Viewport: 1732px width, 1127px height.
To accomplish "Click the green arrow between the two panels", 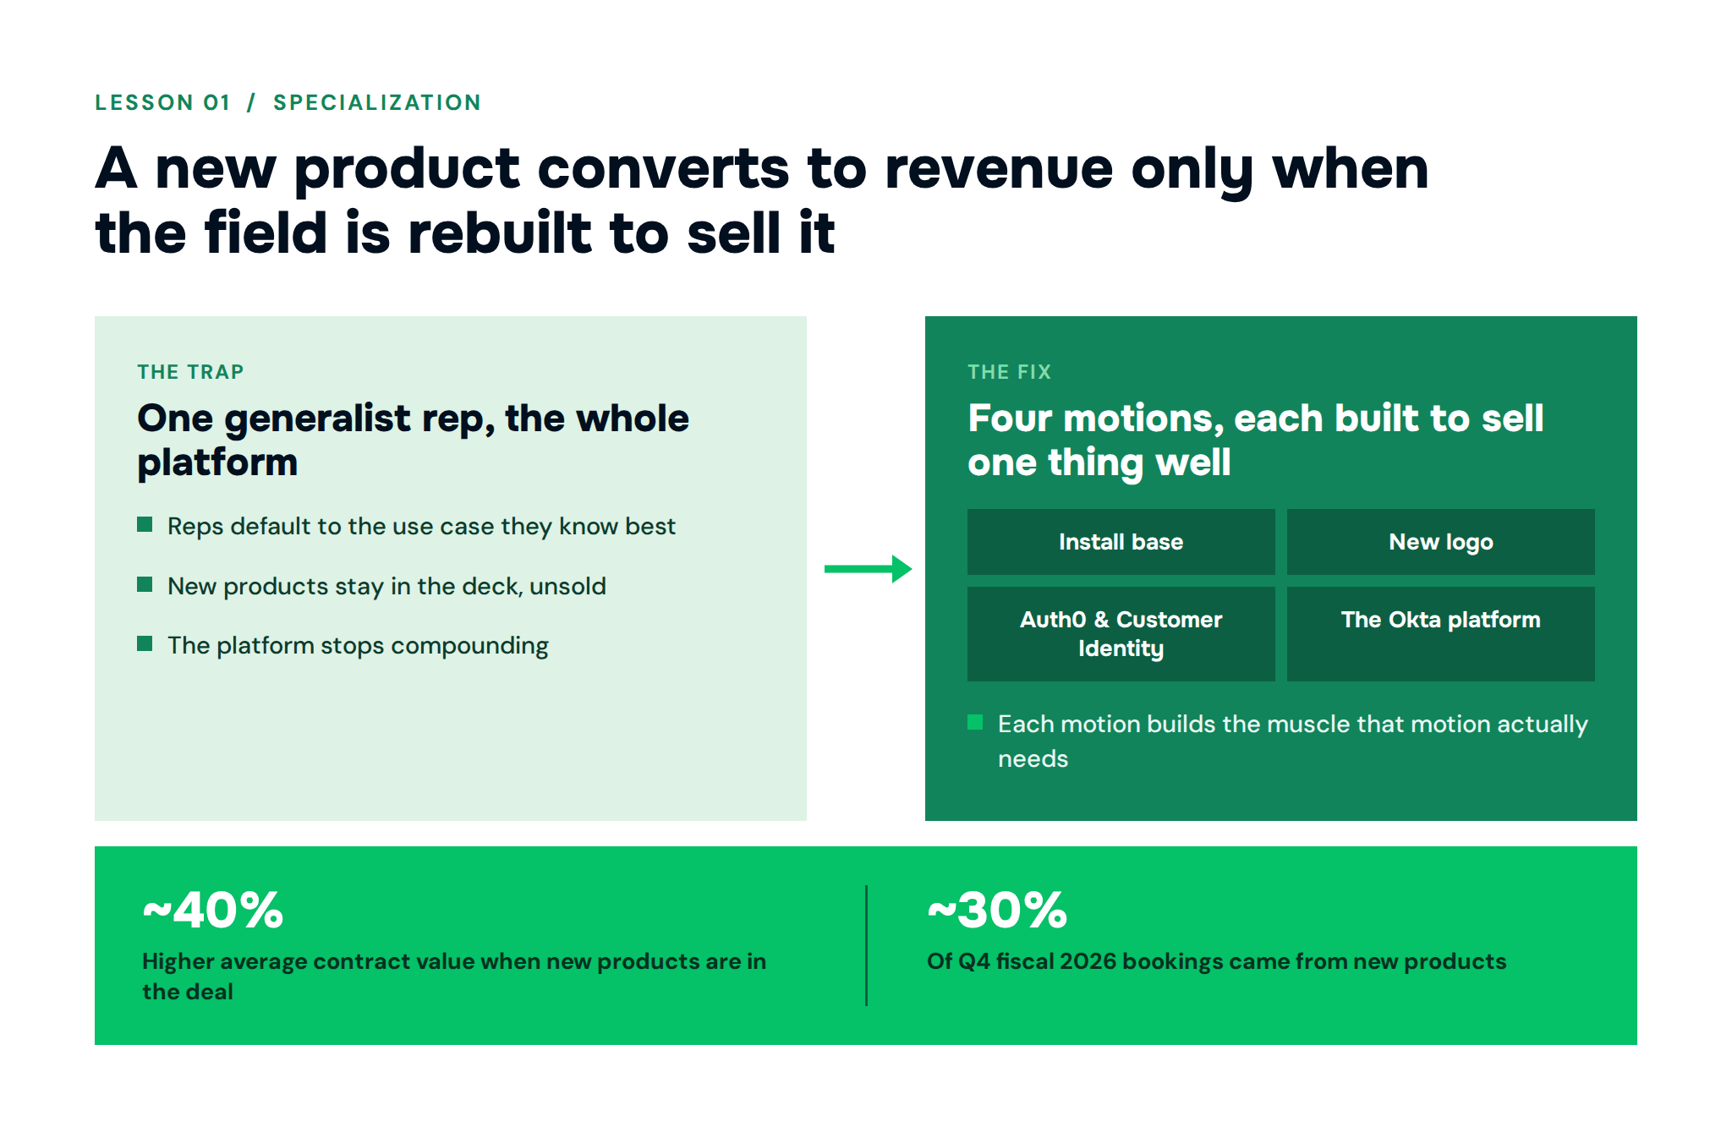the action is (x=868, y=569).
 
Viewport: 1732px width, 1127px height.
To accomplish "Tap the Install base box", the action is (x=1121, y=542).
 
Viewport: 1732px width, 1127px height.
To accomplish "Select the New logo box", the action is (x=1440, y=542).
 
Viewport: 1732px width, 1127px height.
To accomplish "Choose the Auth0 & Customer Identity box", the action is (x=1121, y=634).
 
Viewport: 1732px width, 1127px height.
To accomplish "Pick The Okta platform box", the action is (x=1440, y=634).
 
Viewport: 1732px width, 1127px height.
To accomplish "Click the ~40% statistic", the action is (x=213, y=911).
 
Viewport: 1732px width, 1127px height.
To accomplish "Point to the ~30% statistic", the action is (x=998, y=911).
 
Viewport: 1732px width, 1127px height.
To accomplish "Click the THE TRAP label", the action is (x=190, y=372).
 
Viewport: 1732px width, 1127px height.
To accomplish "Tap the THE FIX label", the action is (x=1009, y=372).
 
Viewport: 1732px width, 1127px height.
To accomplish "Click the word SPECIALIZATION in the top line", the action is (x=377, y=102).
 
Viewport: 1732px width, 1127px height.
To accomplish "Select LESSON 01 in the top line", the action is (x=162, y=102).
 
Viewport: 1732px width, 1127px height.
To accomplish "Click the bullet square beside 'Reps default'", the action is (x=145, y=525).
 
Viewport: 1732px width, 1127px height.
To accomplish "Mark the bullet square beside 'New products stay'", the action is (x=145, y=585).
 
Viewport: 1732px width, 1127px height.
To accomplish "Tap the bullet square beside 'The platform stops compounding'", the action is (x=145, y=644).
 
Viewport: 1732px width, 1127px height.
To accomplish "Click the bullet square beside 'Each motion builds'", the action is (x=975, y=722).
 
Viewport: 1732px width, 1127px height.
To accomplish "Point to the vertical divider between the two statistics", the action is (x=866, y=945).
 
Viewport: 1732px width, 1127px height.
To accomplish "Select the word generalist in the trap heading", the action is (x=317, y=419).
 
